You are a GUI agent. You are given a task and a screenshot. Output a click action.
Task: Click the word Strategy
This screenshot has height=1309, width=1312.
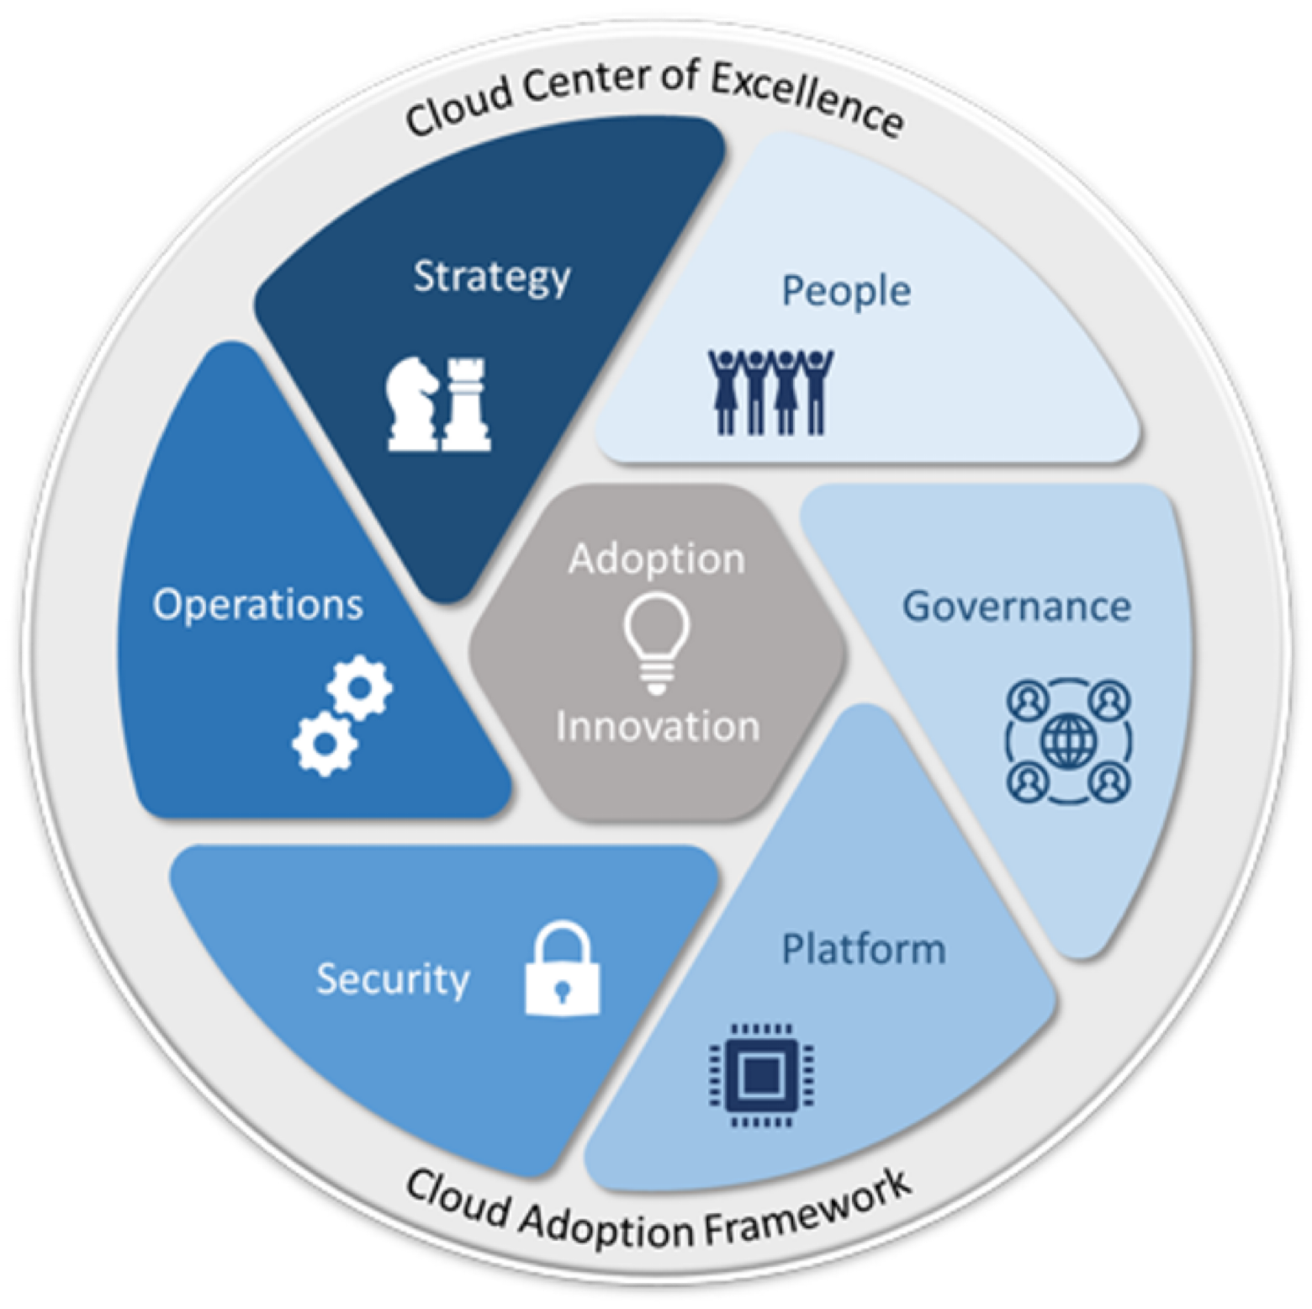(492, 277)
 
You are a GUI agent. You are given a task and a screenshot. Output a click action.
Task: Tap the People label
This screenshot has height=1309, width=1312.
(846, 292)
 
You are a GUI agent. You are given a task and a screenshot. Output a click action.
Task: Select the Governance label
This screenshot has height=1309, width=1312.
(1017, 606)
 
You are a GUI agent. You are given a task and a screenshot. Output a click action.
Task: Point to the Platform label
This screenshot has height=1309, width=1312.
(864, 949)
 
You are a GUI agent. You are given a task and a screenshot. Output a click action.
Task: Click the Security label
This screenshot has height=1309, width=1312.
(393, 979)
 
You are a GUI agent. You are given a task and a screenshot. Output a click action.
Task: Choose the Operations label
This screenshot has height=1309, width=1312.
(258, 605)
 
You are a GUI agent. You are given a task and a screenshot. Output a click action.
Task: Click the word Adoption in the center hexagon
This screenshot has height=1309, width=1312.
(657, 559)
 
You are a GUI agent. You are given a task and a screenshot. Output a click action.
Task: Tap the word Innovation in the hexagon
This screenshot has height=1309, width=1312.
(658, 726)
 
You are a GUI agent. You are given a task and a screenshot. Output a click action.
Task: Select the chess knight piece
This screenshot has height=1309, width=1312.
(412, 404)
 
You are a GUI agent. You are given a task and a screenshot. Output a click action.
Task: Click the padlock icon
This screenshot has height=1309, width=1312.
(563, 968)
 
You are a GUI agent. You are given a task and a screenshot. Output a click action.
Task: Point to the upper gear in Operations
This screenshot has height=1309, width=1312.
(360, 687)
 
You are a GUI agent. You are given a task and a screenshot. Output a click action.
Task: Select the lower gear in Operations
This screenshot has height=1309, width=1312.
(325, 744)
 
